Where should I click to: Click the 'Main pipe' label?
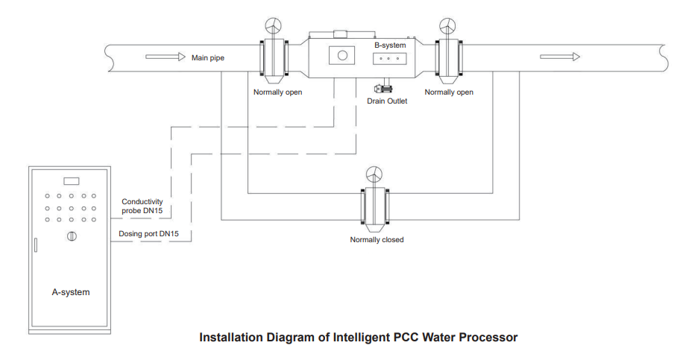pyautogui.click(x=208, y=57)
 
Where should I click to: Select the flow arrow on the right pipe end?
pyautogui.click(x=560, y=57)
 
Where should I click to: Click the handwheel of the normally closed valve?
pyautogui.click(x=374, y=174)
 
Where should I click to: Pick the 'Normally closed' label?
pyautogui.click(x=377, y=240)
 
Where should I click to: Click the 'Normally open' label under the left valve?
pyautogui.click(x=277, y=92)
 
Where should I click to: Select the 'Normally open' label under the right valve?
pyautogui.click(x=449, y=92)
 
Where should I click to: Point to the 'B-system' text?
pyautogui.click(x=390, y=45)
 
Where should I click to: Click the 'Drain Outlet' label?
pyautogui.click(x=387, y=101)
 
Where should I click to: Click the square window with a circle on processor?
pyautogui.click(x=342, y=56)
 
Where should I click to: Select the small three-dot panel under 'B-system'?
pyautogui.click(x=389, y=59)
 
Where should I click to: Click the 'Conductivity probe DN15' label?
pyautogui.click(x=142, y=206)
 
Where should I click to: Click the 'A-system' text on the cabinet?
pyautogui.click(x=71, y=292)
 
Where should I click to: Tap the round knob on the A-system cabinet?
pyautogui.click(x=72, y=237)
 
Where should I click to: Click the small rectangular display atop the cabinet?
pyautogui.click(x=72, y=181)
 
